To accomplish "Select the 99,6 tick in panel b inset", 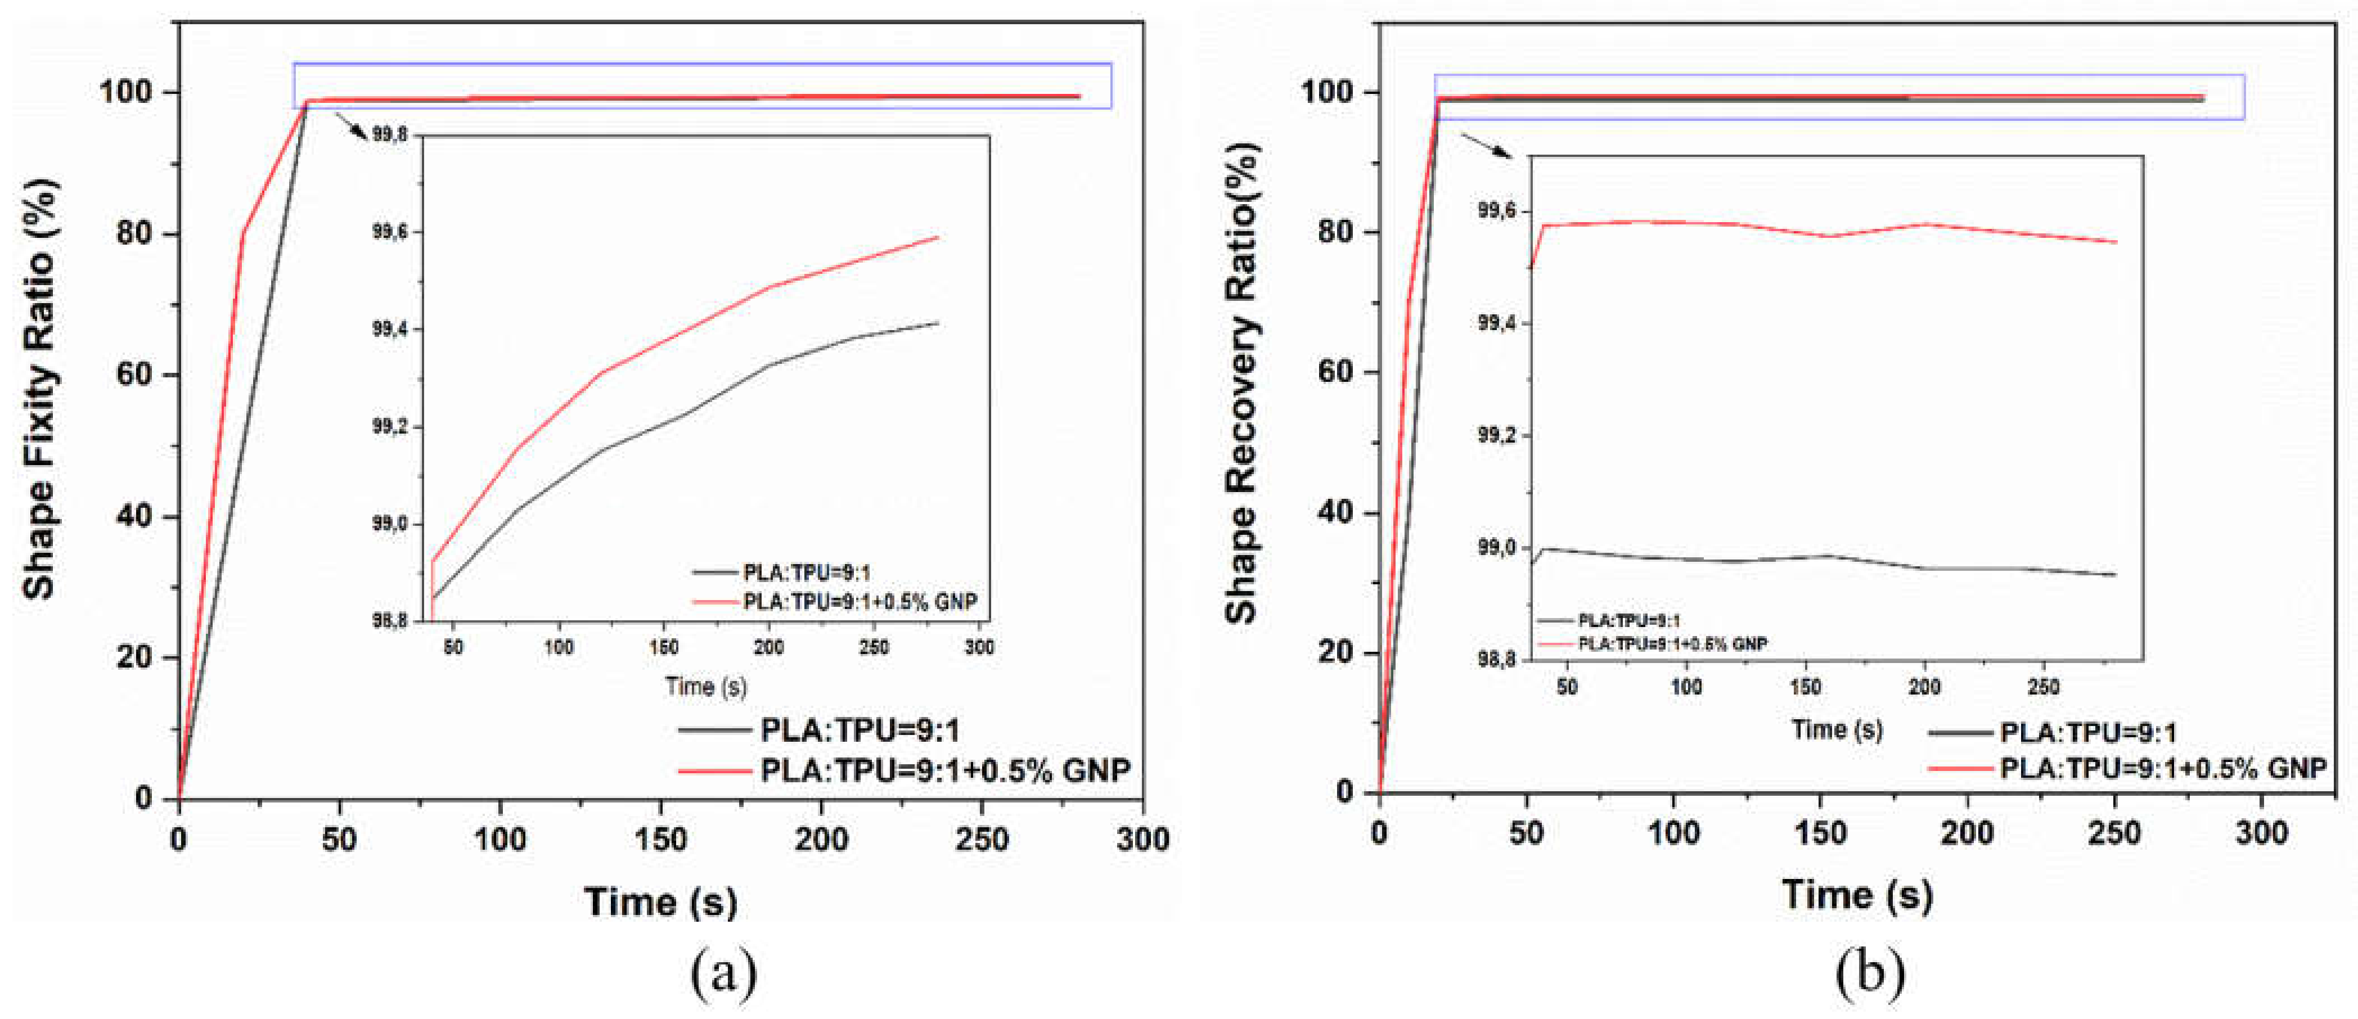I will click(x=1497, y=211).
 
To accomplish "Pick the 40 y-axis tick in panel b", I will click(x=1338, y=513).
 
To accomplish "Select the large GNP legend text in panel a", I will click(x=944, y=771).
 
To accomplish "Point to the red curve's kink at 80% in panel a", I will click(x=242, y=233).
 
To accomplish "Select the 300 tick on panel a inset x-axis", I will click(x=979, y=647).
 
